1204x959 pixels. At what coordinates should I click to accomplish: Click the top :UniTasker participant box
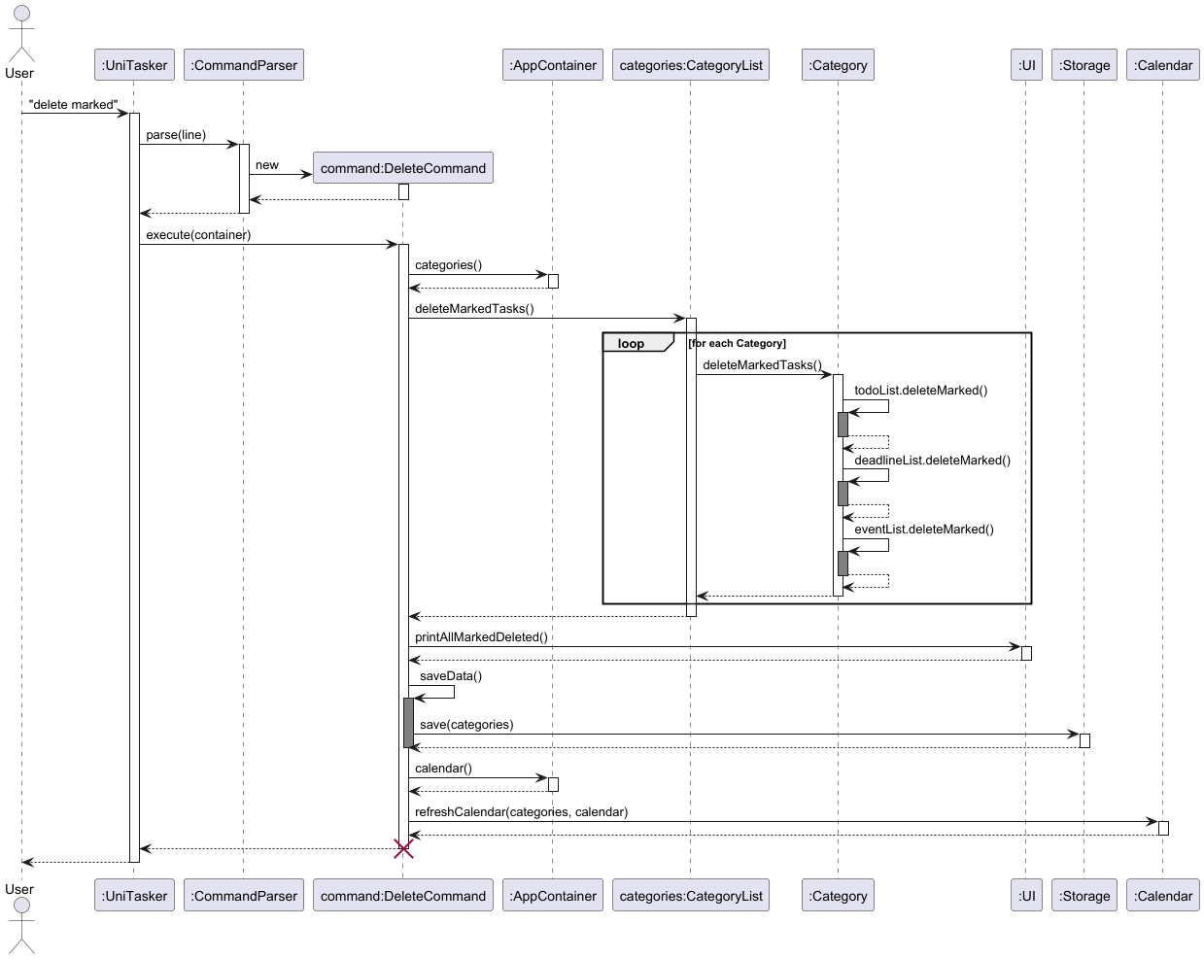click(x=134, y=65)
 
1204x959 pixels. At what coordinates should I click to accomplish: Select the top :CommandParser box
click(x=244, y=65)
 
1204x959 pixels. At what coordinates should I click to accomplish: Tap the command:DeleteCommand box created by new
click(x=402, y=168)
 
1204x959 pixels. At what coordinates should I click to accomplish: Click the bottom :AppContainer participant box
click(x=553, y=896)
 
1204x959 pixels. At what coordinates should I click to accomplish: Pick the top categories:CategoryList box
click(x=691, y=65)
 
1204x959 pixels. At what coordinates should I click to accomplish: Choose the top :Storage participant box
click(x=1084, y=65)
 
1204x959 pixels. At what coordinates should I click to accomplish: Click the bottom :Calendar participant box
click(x=1163, y=896)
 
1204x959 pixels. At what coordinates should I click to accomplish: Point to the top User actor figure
click(x=20, y=34)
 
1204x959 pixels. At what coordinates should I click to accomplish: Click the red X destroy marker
click(x=403, y=849)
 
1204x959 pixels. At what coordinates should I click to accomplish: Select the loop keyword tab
click(x=632, y=343)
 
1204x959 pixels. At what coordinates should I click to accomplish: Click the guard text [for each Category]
click(x=738, y=343)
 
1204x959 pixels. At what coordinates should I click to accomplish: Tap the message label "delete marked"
click(x=73, y=105)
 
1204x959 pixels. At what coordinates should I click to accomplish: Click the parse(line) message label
click(x=176, y=135)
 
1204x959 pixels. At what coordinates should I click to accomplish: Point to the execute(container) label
click(x=198, y=235)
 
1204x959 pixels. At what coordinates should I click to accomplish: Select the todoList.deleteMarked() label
click(x=920, y=391)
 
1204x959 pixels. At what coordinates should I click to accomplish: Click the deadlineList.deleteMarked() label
click(x=932, y=461)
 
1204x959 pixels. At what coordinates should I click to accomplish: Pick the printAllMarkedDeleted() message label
click(x=481, y=637)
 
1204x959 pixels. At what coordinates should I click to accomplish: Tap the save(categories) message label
click(x=466, y=725)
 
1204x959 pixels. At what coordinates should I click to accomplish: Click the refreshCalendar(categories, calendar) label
click(x=521, y=812)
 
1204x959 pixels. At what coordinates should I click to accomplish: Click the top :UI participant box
click(x=1026, y=65)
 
